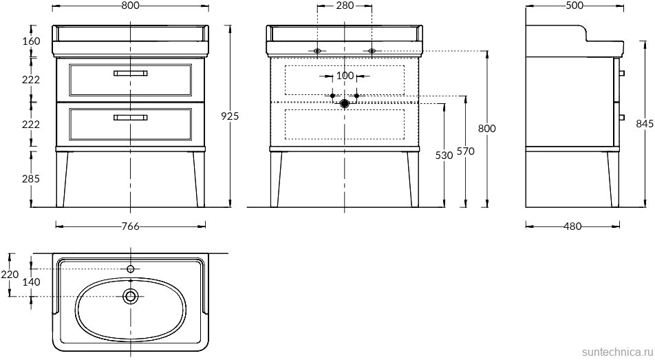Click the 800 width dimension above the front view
click(x=130, y=6)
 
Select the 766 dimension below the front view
click(x=131, y=226)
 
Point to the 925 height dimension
click(x=230, y=116)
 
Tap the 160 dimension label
click(x=31, y=41)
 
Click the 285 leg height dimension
click(x=31, y=178)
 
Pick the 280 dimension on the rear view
click(x=345, y=6)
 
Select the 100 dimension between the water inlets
click(x=345, y=75)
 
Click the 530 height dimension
click(x=444, y=156)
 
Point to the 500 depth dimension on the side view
click(x=575, y=6)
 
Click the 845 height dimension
click(x=645, y=124)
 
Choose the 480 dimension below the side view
click(x=572, y=226)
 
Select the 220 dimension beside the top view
click(x=9, y=275)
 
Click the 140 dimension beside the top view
click(x=31, y=282)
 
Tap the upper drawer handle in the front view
click(x=130, y=72)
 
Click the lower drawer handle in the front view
click(x=130, y=118)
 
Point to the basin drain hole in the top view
click(x=130, y=296)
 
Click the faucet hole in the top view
click(x=130, y=268)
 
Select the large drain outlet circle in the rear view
click(x=345, y=103)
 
